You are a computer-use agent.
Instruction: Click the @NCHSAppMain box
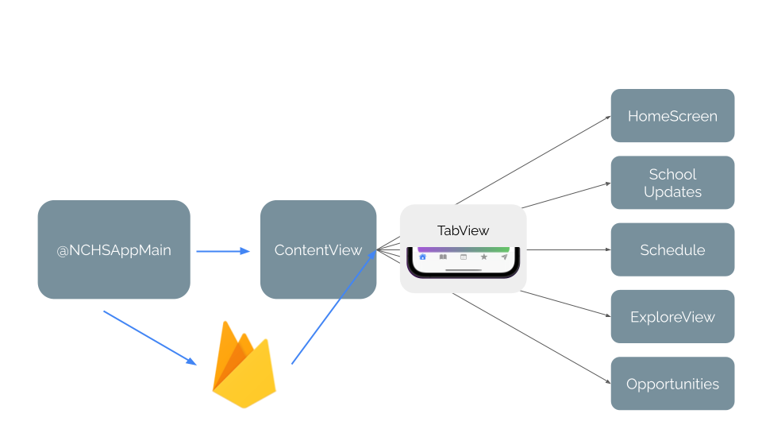(114, 249)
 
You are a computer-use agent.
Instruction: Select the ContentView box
(317, 249)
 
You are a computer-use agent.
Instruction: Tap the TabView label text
(463, 230)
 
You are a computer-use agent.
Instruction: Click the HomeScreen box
(672, 116)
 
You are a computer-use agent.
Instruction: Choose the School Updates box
(672, 183)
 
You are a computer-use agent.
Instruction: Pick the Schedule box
(672, 249)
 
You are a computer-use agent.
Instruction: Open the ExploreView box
(672, 316)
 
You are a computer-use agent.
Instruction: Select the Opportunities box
(672, 384)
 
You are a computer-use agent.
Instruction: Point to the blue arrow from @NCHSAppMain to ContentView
(222, 251)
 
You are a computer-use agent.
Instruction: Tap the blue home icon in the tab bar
(422, 257)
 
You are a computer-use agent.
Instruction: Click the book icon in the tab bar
(443, 257)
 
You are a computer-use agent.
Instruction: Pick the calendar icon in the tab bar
(464, 257)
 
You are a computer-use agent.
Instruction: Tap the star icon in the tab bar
(483, 257)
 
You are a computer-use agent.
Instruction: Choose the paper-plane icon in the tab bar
(504, 257)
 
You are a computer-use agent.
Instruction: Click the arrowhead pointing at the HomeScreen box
(607, 117)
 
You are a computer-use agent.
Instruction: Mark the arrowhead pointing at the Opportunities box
(607, 383)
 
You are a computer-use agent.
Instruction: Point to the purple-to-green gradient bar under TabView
(463, 249)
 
